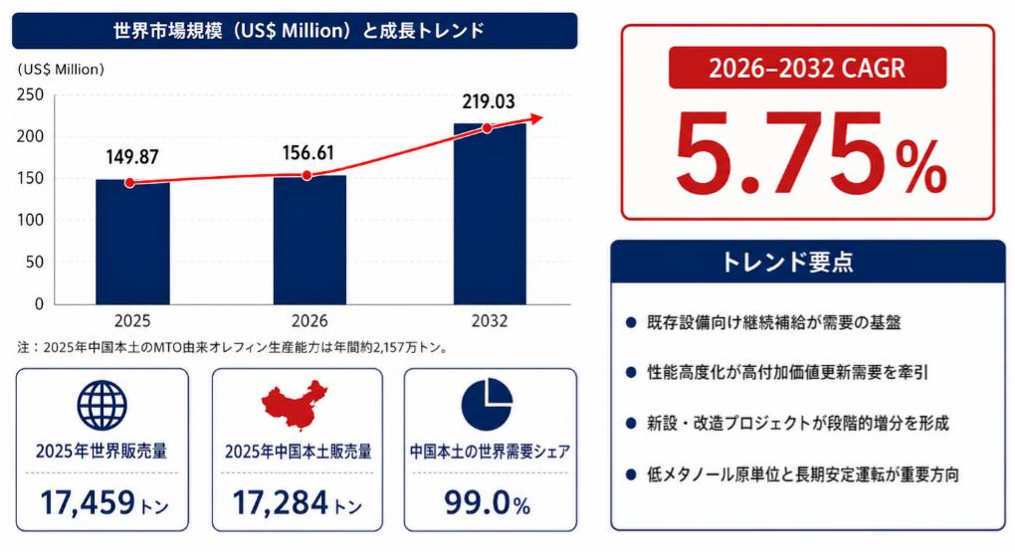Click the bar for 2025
(132, 242)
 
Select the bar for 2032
(490, 214)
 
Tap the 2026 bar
(309, 240)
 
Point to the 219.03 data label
(489, 101)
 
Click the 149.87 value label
(132, 156)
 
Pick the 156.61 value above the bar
(308, 153)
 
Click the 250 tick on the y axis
(30, 94)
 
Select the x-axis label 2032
(490, 321)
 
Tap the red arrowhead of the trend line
(536, 118)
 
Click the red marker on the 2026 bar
(306, 175)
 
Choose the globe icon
(102, 405)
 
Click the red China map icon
(295, 405)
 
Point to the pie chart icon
(487, 405)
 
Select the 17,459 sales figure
(88, 503)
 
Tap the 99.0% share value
(488, 503)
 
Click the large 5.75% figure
(809, 155)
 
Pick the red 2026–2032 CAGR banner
(807, 68)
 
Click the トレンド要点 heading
(787, 263)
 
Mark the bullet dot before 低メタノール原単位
(631, 474)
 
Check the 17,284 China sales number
(280, 503)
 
